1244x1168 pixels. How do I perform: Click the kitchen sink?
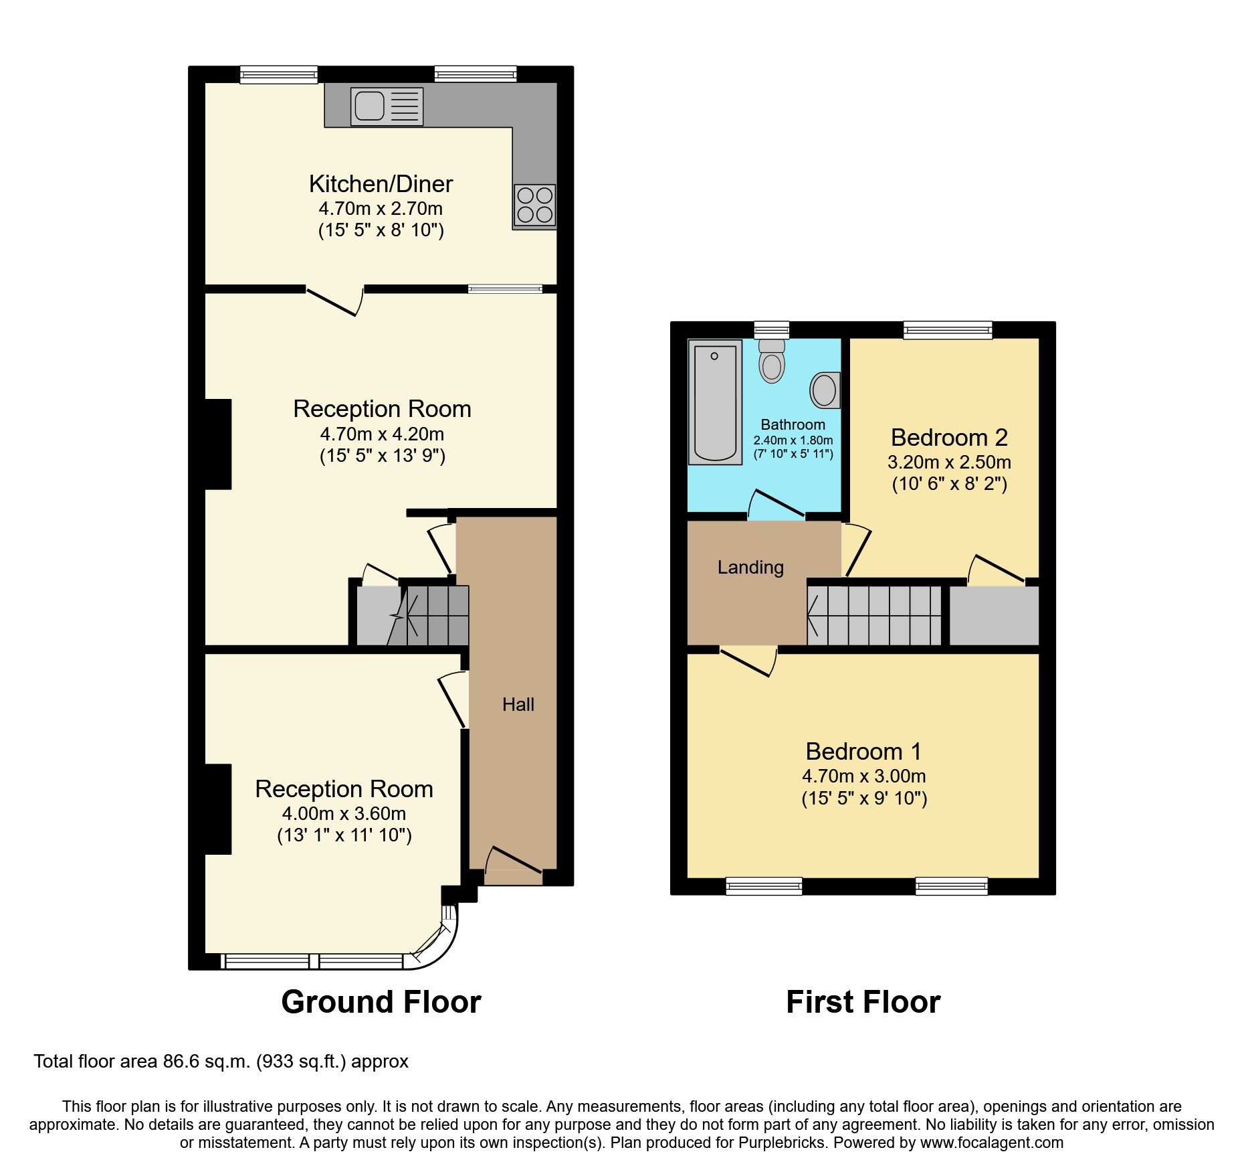(387, 106)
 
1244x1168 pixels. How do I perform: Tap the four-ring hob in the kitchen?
(534, 205)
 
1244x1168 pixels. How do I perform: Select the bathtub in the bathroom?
(715, 402)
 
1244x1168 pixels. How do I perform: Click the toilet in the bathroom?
(772, 361)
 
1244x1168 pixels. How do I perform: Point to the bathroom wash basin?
(825, 390)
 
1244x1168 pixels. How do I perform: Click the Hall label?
(518, 704)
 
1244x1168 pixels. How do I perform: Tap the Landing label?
(750, 568)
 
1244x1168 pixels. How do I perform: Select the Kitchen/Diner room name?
(381, 183)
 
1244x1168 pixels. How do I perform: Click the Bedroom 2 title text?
(949, 437)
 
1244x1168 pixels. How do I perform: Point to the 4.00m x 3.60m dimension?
(344, 813)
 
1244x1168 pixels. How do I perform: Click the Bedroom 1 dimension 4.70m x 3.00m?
(863, 776)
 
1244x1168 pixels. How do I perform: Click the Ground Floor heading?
(381, 1002)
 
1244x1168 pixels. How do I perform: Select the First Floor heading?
(863, 1002)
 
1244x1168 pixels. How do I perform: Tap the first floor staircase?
(873, 615)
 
